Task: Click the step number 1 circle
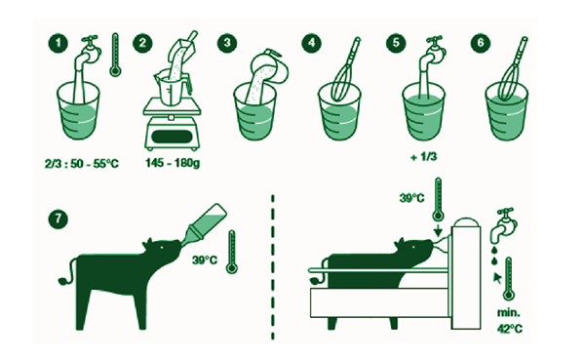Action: click(x=58, y=43)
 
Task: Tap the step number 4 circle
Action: click(x=312, y=43)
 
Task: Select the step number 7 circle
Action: click(x=58, y=220)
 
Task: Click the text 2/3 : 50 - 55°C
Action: click(x=81, y=164)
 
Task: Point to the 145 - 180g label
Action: click(x=173, y=163)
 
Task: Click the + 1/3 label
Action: click(x=423, y=157)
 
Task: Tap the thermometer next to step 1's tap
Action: click(x=115, y=55)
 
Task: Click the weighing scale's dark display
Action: click(x=172, y=136)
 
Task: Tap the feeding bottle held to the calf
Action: click(x=204, y=225)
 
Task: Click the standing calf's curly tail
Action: click(x=67, y=272)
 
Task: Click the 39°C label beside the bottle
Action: click(x=205, y=260)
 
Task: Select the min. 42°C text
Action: click(x=509, y=321)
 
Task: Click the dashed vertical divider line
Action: click(x=273, y=266)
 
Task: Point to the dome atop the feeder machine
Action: click(x=465, y=222)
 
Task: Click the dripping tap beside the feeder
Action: click(x=504, y=224)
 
